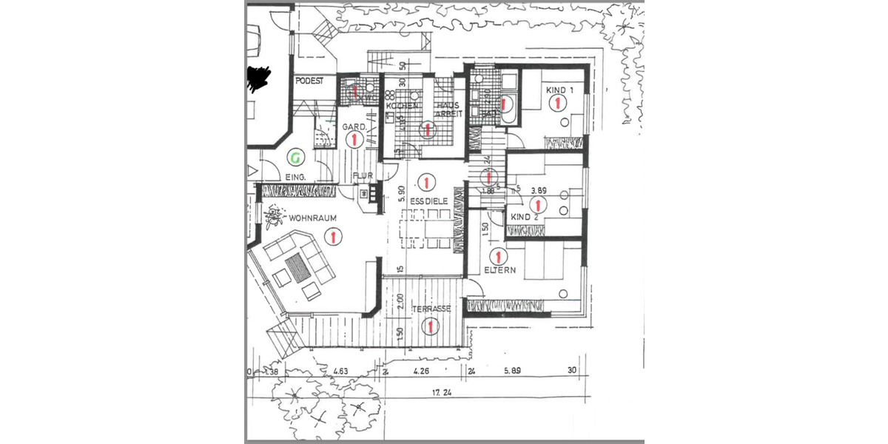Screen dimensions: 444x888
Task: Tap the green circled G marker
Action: [x=295, y=157]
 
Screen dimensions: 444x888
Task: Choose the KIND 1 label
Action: [x=559, y=90]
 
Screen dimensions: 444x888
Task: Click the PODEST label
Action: [x=309, y=81]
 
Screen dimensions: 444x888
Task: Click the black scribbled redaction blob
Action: [x=258, y=78]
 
